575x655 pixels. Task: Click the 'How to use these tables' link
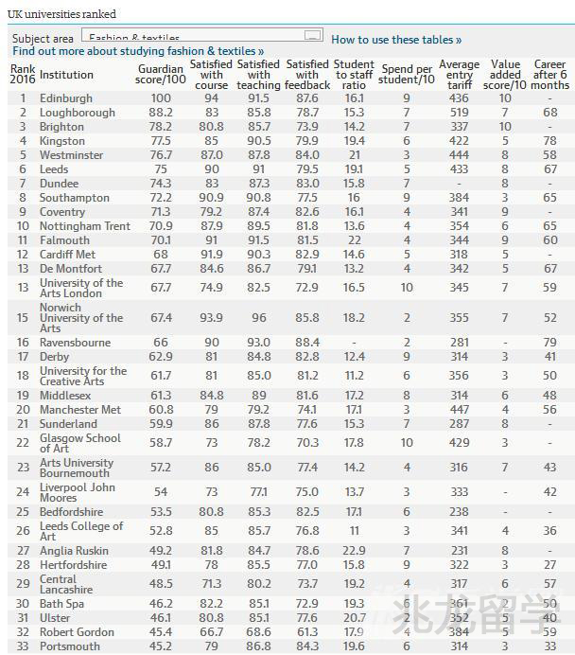coord(395,40)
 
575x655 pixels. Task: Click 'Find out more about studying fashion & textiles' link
coord(138,51)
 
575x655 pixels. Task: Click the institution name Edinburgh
coord(66,98)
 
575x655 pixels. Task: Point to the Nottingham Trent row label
coord(85,226)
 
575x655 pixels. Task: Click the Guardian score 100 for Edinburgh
coord(161,98)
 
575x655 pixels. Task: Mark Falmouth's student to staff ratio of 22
coord(355,240)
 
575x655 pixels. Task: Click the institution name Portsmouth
coord(70,646)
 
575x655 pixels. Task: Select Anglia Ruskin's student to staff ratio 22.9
coord(355,550)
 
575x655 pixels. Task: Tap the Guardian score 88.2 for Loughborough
coord(161,113)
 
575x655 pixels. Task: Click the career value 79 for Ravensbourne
coord(549,343)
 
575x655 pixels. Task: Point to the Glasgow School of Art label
coord(80,443)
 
